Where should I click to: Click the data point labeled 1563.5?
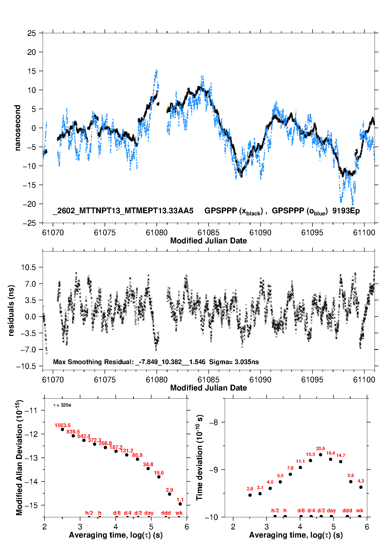pyautogui.click(x=62, y=429)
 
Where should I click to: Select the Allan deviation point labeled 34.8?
pyautogui.click(x=148, y=469)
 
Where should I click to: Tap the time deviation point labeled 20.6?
pyautogui.click(x=320, y=455)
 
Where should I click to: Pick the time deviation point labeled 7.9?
pyautogui.click(x=290, y=474)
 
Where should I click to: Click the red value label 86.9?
pyautogui.click(x=137, y=455)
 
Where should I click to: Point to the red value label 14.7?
pyautogui.click(x=341, y=455)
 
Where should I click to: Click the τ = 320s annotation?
pyautogui.click(x=62, y=405)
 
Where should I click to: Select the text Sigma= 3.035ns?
pyautogui.click(x=234, y=362)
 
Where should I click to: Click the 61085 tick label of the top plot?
pyautogui.click(x=208, y=233)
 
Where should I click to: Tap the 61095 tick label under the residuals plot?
pyautogui.click(x=312, y=380)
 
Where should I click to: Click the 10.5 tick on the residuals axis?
pyautogui.click(x=28, y=267)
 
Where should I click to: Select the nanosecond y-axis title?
pyautogui.click(x=17, y=128)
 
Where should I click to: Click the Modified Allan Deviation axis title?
pyautogui.click(x=19, y=457)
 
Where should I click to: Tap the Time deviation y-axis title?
pyautogui.click(x=199, y=457)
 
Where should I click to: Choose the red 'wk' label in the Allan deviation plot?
pyautogui.click(x=179, y=513)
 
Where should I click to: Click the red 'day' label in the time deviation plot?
pyautogui.click(x=331, y=510)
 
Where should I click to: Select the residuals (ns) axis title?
pyautogui.click(x=11, y=311)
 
